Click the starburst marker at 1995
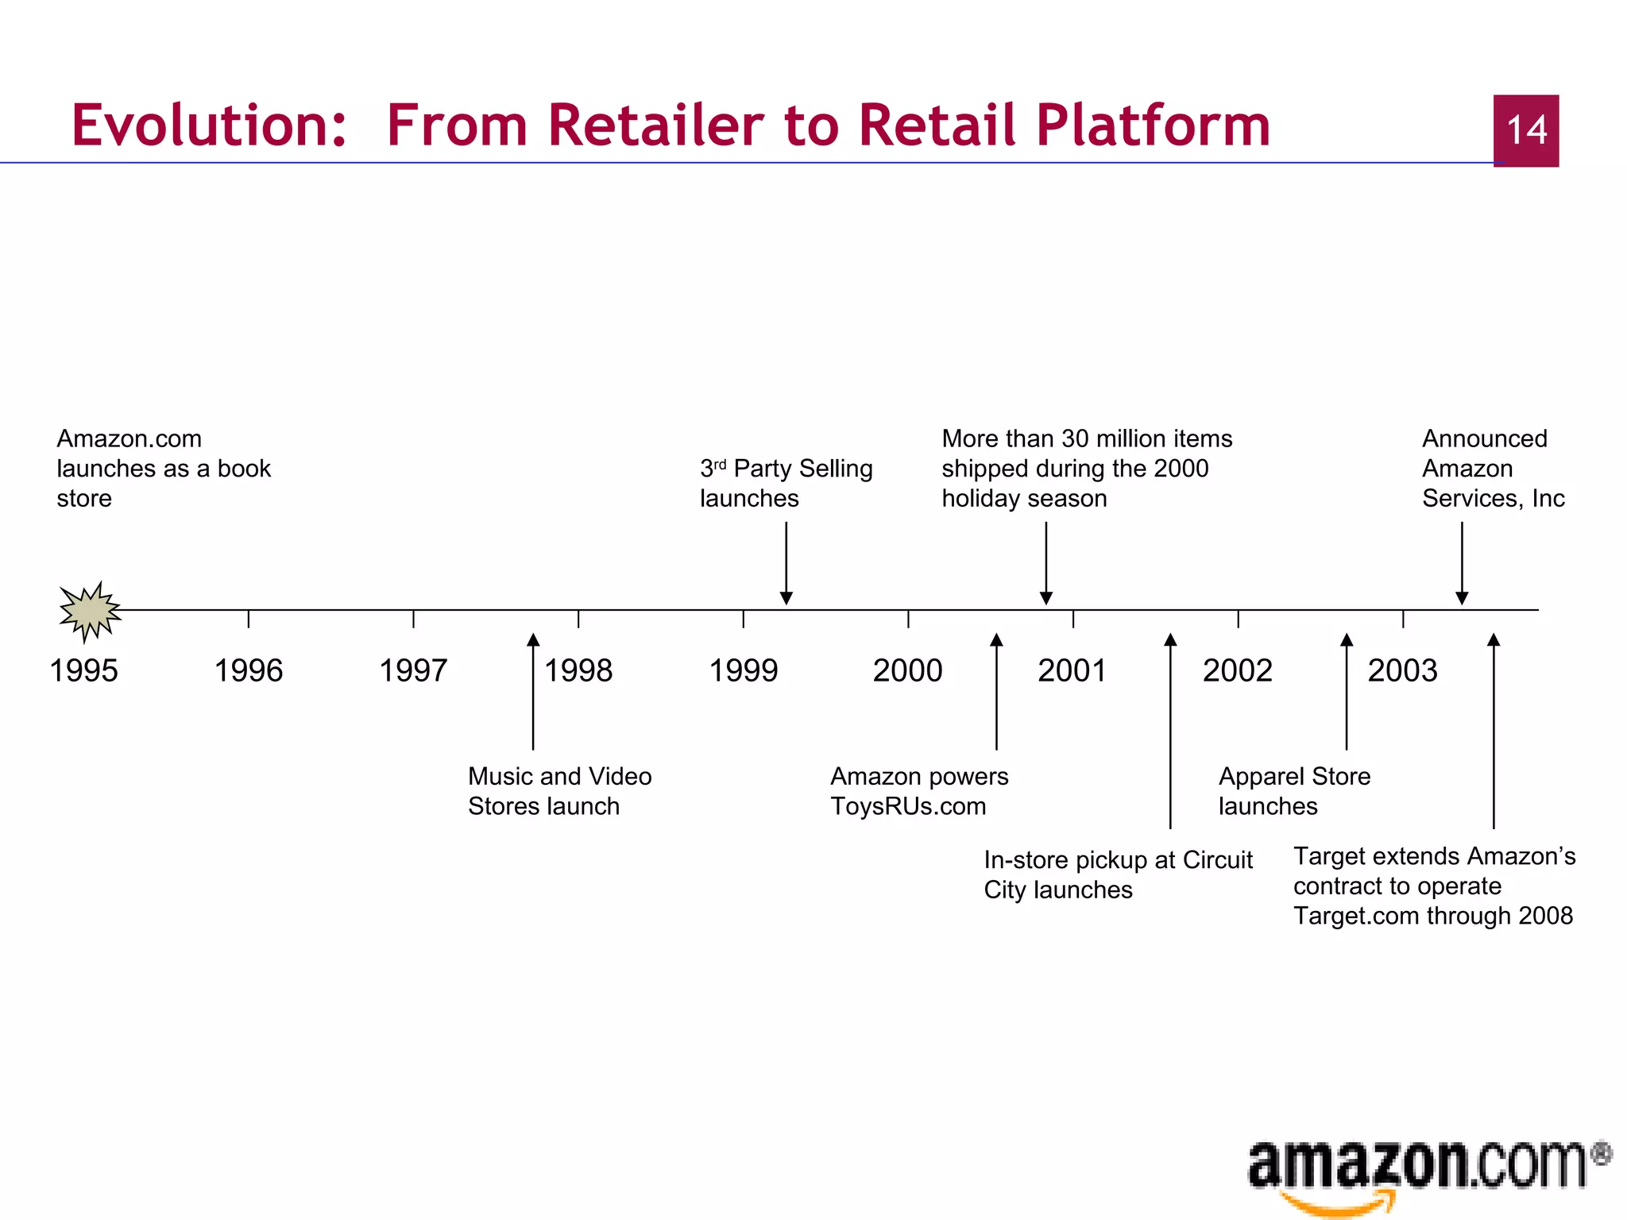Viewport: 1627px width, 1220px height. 90,611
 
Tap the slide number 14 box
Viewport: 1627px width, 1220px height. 1525,130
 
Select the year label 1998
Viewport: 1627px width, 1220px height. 578,671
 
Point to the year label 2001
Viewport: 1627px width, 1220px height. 1072,671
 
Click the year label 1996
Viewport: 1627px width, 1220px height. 249,671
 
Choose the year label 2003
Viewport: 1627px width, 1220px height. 1402,671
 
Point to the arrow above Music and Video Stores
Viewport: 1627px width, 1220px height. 533,691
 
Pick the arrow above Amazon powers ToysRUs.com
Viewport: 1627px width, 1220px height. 996,691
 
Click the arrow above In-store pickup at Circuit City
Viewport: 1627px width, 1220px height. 1170,731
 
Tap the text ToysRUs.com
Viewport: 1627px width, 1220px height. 908,806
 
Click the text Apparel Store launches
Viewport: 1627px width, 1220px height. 1294,791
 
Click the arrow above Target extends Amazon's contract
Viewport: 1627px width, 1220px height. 1494,731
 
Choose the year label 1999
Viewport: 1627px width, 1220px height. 744,671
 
